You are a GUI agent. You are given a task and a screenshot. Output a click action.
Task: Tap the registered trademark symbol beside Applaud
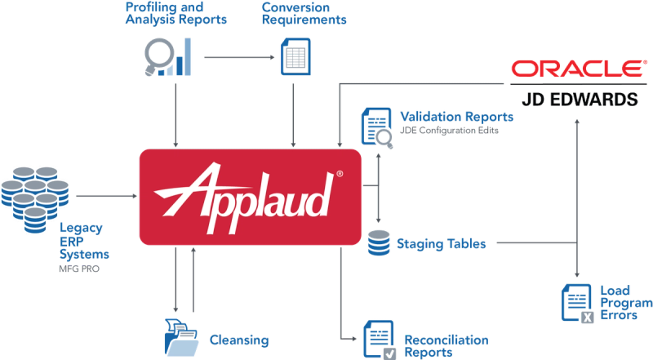pos(339,174)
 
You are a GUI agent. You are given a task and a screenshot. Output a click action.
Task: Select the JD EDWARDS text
pos(578,100)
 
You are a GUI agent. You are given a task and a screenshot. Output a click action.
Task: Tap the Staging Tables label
pos(441,243)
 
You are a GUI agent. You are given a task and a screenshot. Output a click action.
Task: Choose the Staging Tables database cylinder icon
pos(378,242)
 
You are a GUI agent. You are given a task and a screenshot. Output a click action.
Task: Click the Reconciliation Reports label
pos(446,343)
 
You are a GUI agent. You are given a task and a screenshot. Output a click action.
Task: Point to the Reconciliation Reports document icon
pos(375,337)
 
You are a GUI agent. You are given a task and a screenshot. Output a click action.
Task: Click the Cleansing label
pos(239,338)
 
